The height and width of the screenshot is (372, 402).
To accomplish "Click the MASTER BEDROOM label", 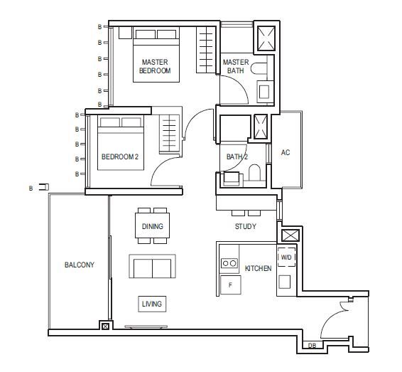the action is pos(155,66).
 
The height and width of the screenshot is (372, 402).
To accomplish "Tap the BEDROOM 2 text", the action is pos(120,156).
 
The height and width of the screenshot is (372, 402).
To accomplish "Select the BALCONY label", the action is pos(80,265).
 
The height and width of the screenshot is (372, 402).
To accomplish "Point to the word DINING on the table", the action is pos(153,226).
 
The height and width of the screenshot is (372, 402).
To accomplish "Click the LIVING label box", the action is pos(152,304).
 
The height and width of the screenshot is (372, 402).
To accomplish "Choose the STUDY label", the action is pos(245,226).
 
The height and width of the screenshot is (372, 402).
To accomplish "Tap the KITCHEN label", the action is pos(258,268).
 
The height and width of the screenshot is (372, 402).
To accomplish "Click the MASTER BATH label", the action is pos(236,66).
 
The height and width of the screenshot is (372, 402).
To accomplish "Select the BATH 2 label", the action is pos(237,156).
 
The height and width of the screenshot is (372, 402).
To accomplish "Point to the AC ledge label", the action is pos(286,152).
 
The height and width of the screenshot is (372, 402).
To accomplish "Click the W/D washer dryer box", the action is pos(286,257).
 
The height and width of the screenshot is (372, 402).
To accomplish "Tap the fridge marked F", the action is pos(231,285).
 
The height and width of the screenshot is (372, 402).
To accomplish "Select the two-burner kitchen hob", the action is pos(229,263).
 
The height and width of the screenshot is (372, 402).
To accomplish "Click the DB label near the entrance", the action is pos(312,346).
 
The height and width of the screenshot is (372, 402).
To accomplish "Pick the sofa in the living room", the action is pos(152,266).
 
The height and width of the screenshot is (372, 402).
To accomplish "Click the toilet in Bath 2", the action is pos(254,172).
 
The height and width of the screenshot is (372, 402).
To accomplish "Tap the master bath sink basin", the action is pos(264,92).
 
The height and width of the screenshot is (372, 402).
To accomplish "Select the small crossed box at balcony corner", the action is pos(106,326).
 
